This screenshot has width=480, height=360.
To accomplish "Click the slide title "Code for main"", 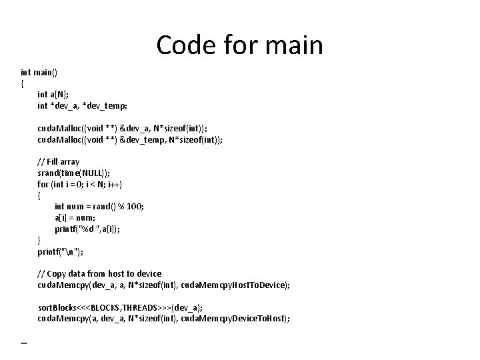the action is click(x=239, y=45).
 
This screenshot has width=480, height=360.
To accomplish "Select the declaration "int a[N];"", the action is click(x=53, y=94).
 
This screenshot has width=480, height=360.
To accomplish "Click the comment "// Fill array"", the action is click(x=59, y=161).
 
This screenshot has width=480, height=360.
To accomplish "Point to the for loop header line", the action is click(x=80, y=184).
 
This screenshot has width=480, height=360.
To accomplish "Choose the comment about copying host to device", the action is click(x=99, y=273).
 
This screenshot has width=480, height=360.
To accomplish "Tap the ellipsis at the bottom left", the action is click(x=24, y=342).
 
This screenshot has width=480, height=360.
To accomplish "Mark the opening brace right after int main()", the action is click(x=22, y=83).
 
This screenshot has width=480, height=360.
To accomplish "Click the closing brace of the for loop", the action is click(x=39, y=240).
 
